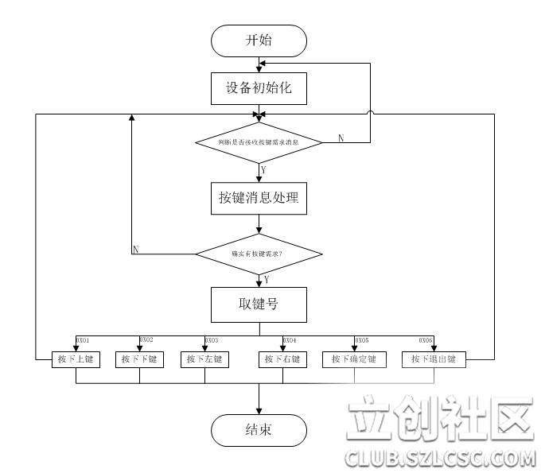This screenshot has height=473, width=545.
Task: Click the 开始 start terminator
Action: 259,41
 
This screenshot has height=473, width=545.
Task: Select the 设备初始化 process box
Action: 259,87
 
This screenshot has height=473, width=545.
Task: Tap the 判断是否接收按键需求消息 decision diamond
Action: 259,142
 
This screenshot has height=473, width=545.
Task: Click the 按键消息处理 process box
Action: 259,198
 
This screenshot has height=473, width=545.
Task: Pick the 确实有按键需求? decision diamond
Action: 259,254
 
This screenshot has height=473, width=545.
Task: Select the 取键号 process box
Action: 259,304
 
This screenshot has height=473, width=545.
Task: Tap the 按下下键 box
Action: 139,360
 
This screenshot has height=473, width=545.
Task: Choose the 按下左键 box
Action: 204,360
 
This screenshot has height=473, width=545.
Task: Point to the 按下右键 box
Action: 282,360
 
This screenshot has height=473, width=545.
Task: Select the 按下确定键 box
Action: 354,360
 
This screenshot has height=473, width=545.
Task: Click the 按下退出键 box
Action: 433,360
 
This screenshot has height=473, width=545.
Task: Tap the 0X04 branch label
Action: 290,339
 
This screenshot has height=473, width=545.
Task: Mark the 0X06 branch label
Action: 426,339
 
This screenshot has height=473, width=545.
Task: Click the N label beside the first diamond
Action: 341,138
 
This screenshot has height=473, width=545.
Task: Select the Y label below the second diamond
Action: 266,279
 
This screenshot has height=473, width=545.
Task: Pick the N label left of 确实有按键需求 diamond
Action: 135,250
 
